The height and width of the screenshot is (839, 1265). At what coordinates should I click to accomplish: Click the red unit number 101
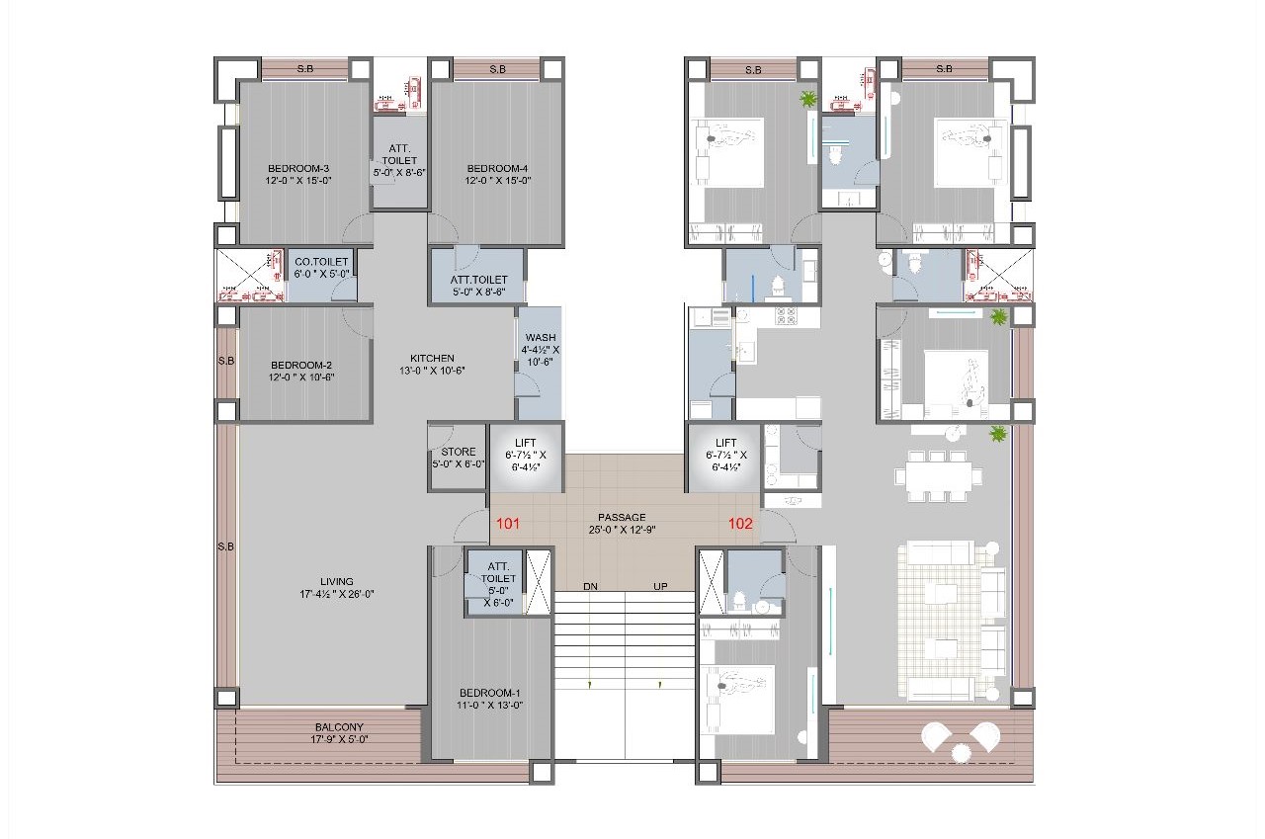pyautogui.click(x=508, y=524)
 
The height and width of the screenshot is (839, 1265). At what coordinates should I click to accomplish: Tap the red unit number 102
pyautogui.click(x=740, y=524)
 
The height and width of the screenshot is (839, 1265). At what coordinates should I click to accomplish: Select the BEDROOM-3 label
pyautogui.click(x=298, y=168)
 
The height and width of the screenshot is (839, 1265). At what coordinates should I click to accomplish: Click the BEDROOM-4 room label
pyautogui.click(x=497, y=168)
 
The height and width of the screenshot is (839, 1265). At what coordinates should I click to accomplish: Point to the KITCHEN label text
pyautogui.click(x=432, y=358)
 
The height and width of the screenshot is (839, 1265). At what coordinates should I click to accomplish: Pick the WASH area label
pyautogui.click(x=541, y=338)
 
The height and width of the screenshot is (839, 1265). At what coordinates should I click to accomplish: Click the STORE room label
pyautogui.click(x=458, y=452)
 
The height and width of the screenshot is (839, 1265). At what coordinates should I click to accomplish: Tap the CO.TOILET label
pyautogui.click(x=321, y=262)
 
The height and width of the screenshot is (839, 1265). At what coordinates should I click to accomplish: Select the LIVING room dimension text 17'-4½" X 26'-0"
pyautogui.click(x=337, y=594)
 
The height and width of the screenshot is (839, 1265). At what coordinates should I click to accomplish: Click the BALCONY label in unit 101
pyautogui.click(x=339, y=727)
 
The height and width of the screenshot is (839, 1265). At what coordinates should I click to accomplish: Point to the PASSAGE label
pyautogui.click(x=622, y=517)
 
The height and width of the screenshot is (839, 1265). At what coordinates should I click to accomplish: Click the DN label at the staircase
pyautogui.click(x=590, y=587)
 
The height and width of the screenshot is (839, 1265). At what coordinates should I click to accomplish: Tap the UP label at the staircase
pyautogui.click(x=660, y=587)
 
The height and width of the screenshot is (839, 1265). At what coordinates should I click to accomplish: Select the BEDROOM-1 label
pyautogui.click(x=489, y=693)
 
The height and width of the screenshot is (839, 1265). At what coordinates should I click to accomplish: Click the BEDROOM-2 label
pyautogui.click(x=301, y=365)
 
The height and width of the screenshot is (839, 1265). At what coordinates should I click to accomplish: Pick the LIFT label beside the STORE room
pyautogui.click(x=525, y=443)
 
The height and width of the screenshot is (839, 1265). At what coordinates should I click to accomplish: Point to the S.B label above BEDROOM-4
pyautogui.click(x=497, y=69)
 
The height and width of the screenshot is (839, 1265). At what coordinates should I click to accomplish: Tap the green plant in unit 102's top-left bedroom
pyautogui.click(x=808, y=99)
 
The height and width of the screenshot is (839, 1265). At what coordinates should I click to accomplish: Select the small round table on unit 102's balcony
pyautogui.click(x=960, y=752)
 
